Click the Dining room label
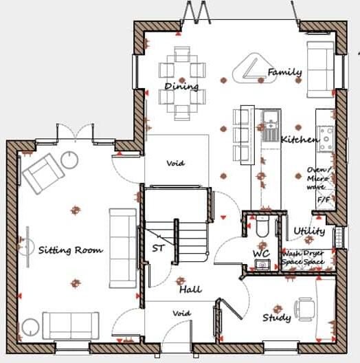pos(181,87)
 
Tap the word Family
pos(284,71)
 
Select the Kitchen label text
pos(299,140)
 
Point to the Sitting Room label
pos(71,250)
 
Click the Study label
pos(276,318)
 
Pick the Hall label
pos(190,289)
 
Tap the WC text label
pos(260,253)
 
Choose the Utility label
pos(309,231)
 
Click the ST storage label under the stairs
pos(158,248)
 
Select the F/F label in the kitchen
pos(323,199)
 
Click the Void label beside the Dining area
pos(176,164)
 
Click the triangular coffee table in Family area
pos(249,69)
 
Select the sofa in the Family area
pos(321,63)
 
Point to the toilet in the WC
pos(261,229)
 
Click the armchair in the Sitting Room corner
pos(43,172)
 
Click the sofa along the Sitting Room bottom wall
pos(70,324)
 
